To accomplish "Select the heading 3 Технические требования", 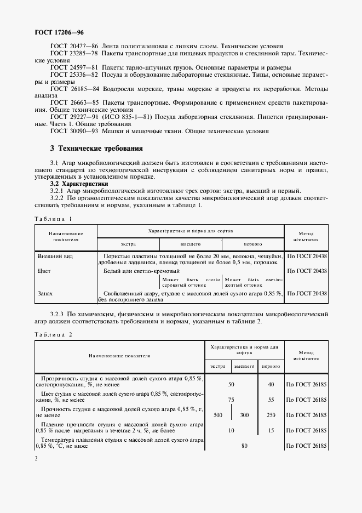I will click(x=96, y=148).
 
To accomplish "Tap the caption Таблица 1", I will click(x=53, y=219).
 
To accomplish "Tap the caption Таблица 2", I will click(x=53, y=334).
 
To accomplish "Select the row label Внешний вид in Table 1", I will click(x=55, y=256).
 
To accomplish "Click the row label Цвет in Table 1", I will click(x=44, y=271).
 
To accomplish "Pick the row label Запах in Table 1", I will click(x=45, y=293).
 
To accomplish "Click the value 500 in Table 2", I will click(x=217, y=415).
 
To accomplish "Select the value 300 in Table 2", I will click(x=244, y=415).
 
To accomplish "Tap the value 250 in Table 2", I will click(x=271, y=415).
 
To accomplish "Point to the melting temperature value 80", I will click(x=244, y=446).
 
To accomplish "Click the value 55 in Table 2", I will click(x=271, y=400).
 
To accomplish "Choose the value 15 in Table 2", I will click(x=271, y=430).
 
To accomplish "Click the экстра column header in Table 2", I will click(x=217, y=366).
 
